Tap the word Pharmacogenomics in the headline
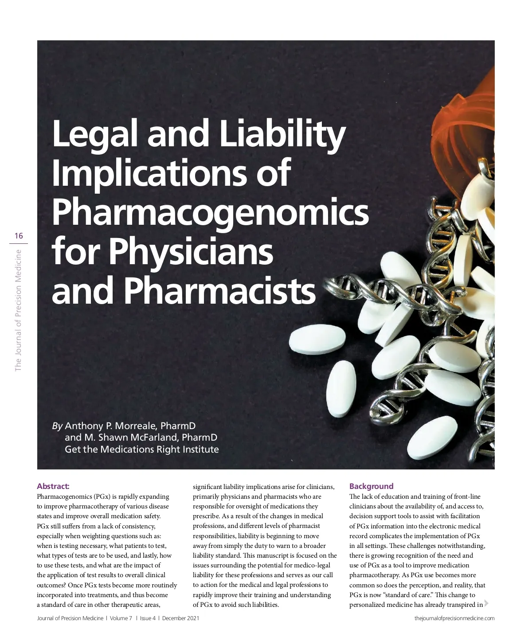click(x=210, y=211)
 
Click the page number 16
click(x=19, y=236)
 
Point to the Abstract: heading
click(x=53, y=486)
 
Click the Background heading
click(x=371, y=486)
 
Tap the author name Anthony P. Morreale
click(x=110, y=426)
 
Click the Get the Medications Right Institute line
click(x=142, y=449)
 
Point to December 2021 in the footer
click(x=180, y=618)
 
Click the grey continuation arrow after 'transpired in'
click(x=486, y=603)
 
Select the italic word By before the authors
click(x=57, y=426)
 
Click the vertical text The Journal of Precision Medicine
click(x=19, y=310)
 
